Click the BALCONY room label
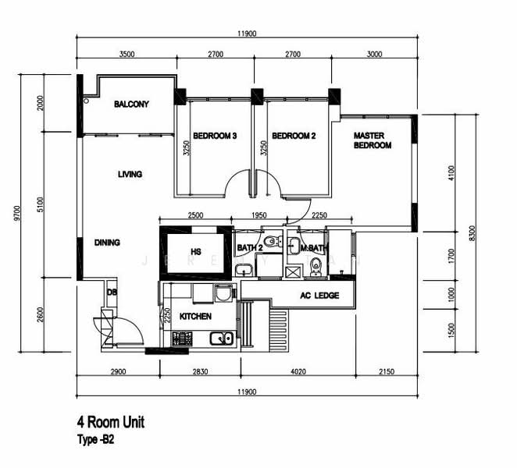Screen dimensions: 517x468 [x=131, y=104]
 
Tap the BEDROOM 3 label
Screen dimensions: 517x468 [x=215, y=136]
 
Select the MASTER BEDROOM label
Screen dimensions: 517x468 [x=373, y=140]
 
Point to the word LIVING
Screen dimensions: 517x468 [x=130, y=174]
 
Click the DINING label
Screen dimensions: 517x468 [x=107, y=243]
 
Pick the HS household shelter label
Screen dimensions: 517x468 [x=196, y=252]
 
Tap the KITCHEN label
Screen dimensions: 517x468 [x=195, y=317]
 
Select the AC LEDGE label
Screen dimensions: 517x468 [x=319, y=296]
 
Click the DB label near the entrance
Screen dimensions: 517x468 [x=112, y=292]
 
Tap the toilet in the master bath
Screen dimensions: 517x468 [x=316, y=267]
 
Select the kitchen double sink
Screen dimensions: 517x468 [x=222, y=339]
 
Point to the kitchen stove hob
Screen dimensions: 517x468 [x=182, y=339]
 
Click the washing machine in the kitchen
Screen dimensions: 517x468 [x=225, y=293]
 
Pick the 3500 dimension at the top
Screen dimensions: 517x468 [x=127, y=54]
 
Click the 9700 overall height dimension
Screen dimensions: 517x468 [x=17, y=214]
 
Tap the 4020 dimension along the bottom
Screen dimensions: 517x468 [x=298, y=371]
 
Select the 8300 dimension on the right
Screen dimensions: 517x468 [x=472, y=233]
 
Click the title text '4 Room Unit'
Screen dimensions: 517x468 [x=110, y=422]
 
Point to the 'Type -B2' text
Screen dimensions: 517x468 [x=96, y=439]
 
